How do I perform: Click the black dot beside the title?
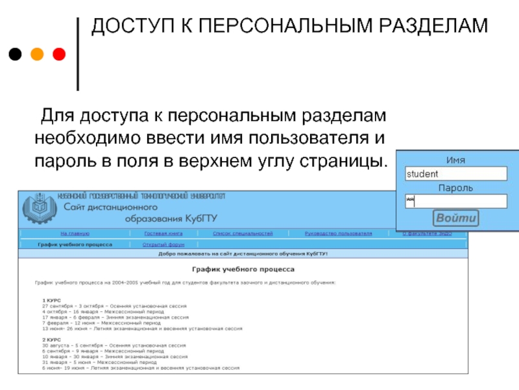14,55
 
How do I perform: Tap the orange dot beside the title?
36,55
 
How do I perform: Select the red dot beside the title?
58,55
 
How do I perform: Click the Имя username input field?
455,174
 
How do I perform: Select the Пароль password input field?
455,201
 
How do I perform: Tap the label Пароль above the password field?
455,188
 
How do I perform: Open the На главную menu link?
75,233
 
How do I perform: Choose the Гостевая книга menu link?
159,233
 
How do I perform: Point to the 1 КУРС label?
52,300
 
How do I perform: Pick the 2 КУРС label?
52,340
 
